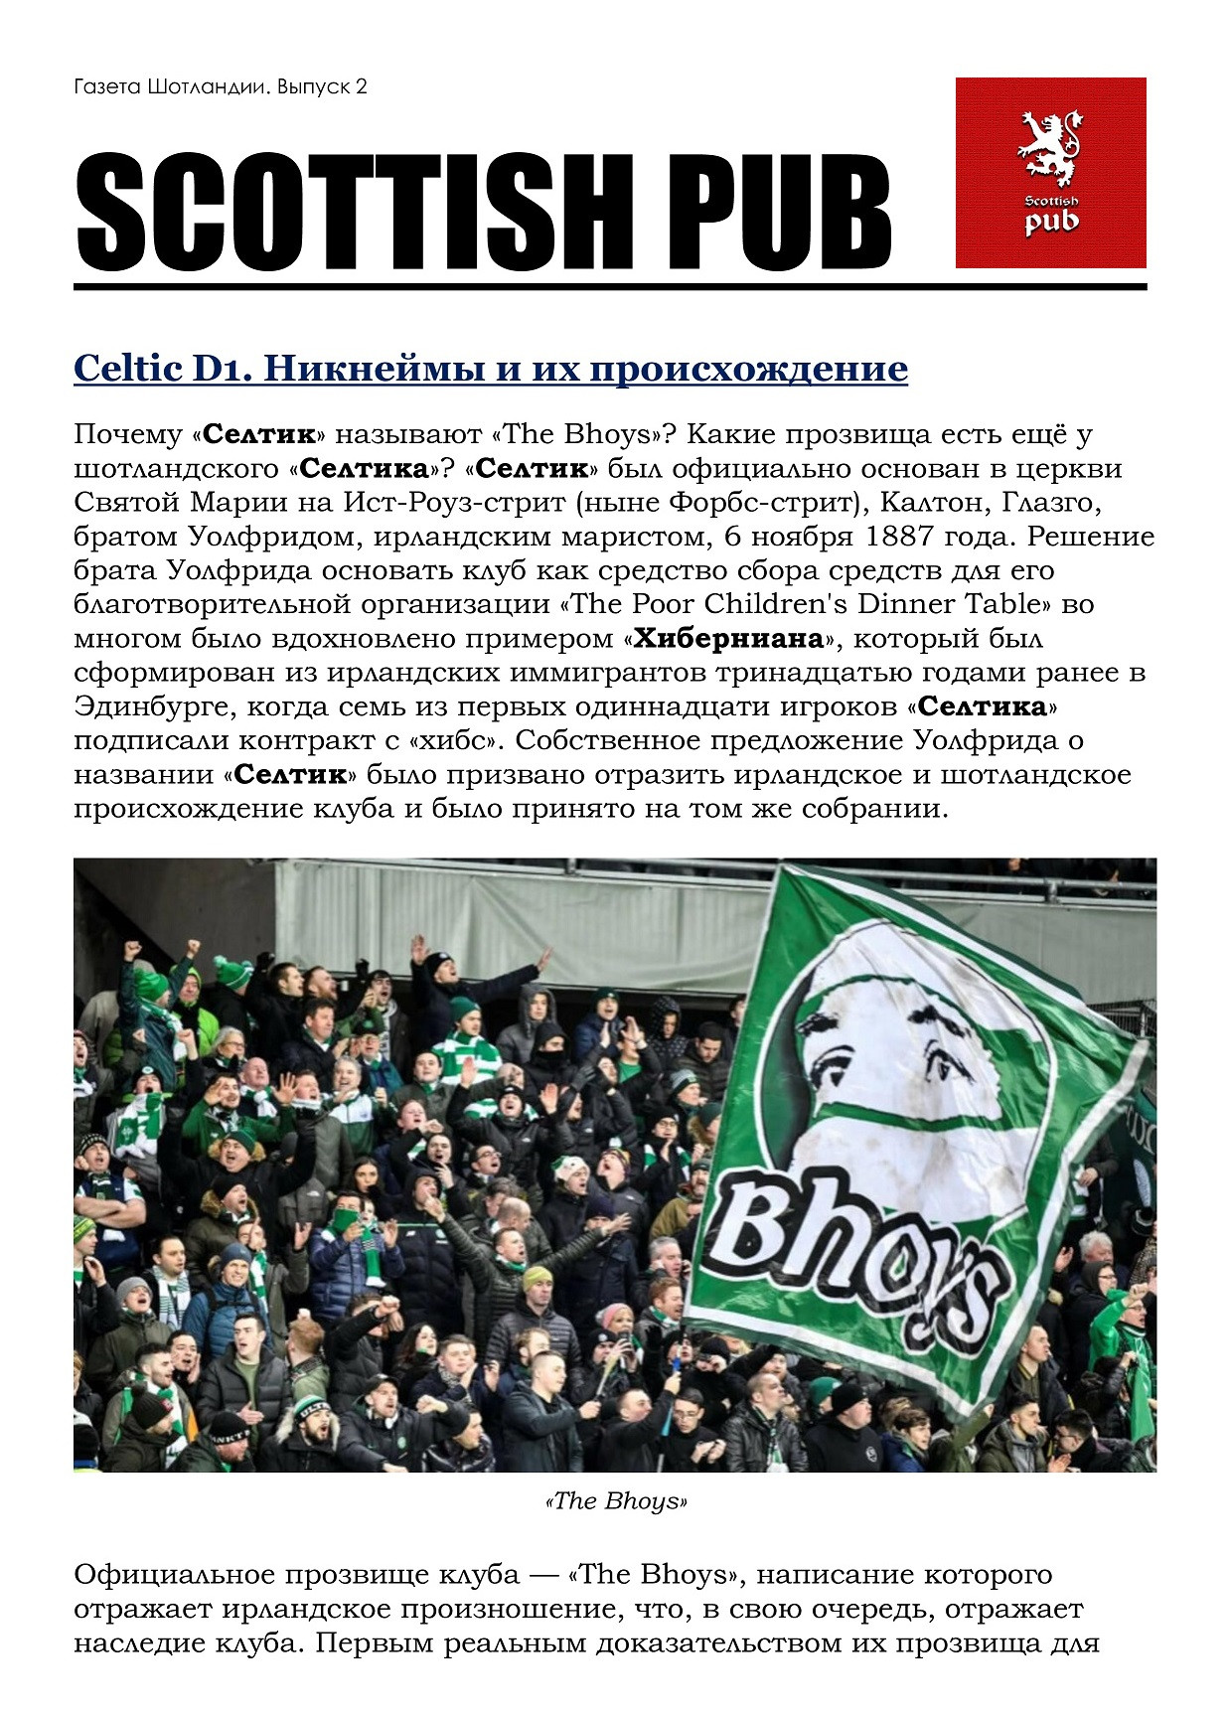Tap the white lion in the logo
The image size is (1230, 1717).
coord(1050,147)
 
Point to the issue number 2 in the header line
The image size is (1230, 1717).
coord(361,87)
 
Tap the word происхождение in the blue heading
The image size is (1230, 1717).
coord(748,370)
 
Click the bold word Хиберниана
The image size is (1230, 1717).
coord(728,638)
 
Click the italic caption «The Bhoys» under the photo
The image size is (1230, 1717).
coord(616,1501)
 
